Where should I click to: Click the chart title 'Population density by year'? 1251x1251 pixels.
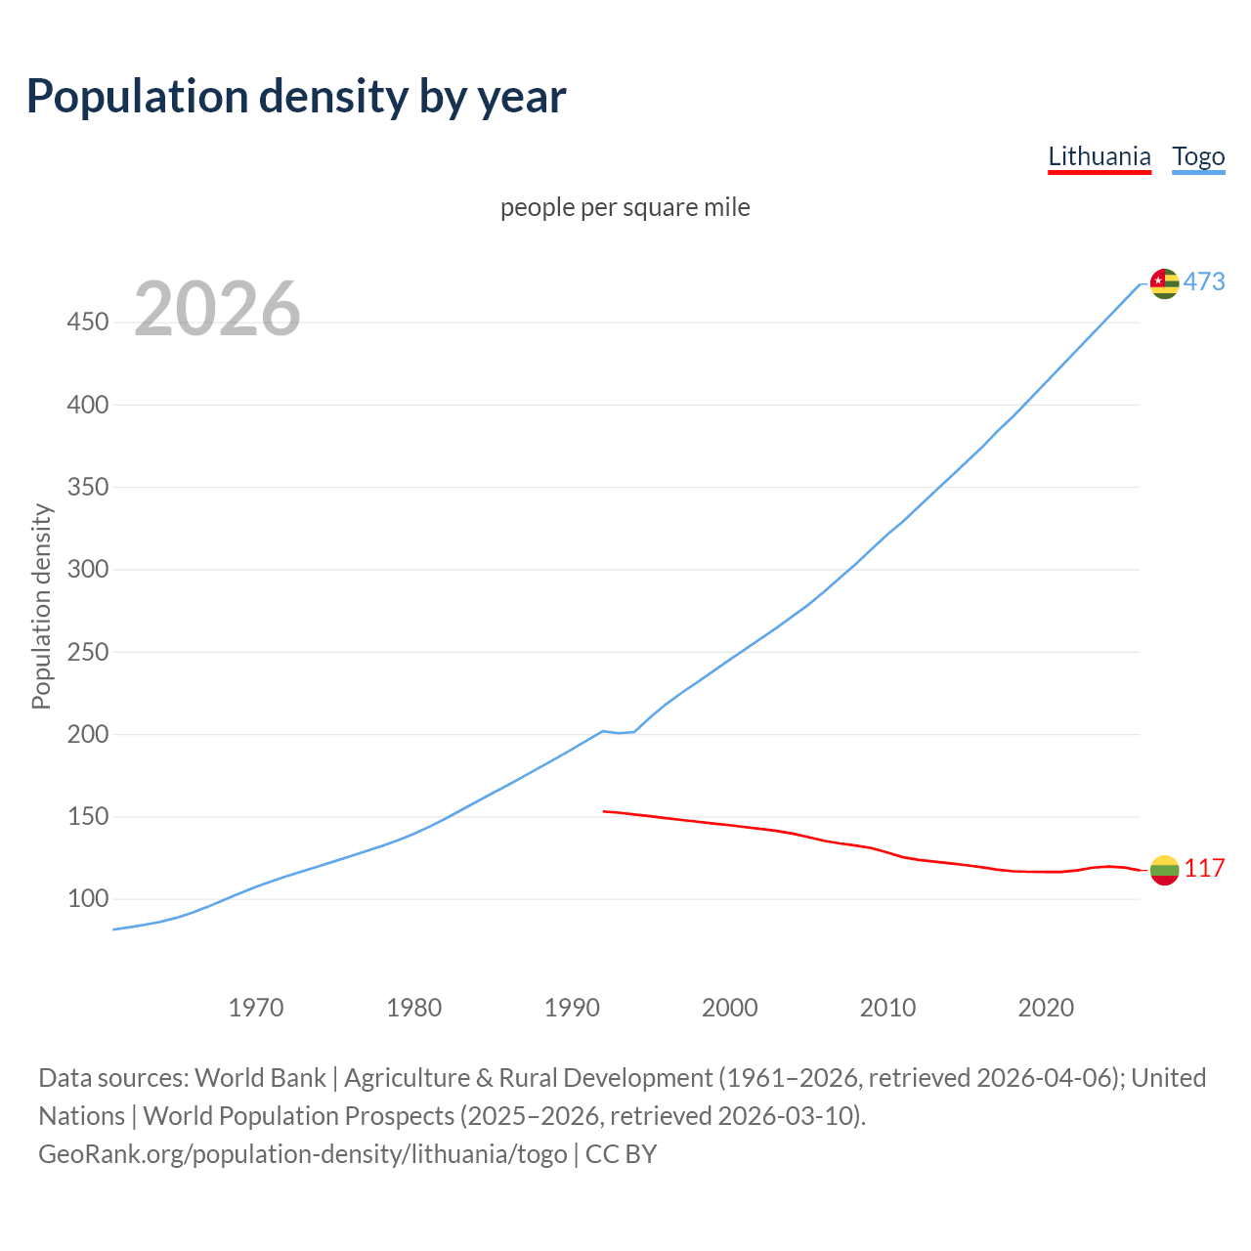pos(296,97)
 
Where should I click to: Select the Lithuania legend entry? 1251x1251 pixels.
pos(1099,156)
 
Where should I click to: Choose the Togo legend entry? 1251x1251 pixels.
pos(1198,156)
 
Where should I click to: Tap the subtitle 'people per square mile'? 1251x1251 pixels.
pos(625,207)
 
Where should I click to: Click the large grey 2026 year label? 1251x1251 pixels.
pos(217,309)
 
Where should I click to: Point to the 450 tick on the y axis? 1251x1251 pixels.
pos(87,322)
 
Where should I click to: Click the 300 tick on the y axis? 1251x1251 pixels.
pos(87,569)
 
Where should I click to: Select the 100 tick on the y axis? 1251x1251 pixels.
pos(87,898)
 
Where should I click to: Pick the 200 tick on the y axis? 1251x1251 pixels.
pos(87,734)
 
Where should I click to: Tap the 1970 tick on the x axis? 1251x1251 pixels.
pos(256,1008)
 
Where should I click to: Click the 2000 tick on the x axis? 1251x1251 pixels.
pos(729,1008)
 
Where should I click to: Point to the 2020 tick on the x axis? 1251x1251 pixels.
pos(1046,1008)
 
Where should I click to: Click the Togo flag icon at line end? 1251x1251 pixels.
pos(1164,283)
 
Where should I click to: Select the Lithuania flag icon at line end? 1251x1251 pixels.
pos(1164,870)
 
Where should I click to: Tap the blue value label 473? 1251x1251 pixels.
pos(1204,282)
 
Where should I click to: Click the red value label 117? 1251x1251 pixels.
pos(1204,869)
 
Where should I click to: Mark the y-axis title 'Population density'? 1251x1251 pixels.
pos(41,606)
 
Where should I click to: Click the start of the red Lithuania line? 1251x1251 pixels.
pos(605,811)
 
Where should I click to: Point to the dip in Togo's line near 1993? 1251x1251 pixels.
pos(620,732)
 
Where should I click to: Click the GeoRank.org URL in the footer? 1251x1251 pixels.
pos(303,1154)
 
